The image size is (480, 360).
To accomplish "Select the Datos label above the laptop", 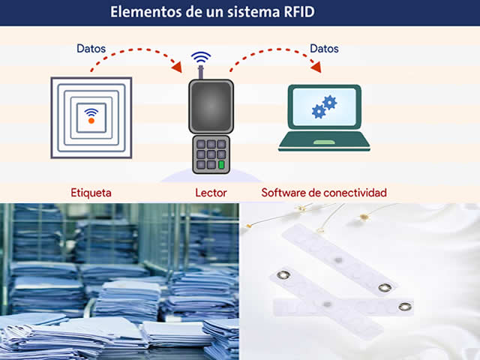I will tap(324, 49).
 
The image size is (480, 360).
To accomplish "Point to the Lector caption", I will tap(211, 193).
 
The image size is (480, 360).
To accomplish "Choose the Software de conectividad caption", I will tap(324, 193).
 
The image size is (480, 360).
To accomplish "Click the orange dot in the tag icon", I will tap(91, 120).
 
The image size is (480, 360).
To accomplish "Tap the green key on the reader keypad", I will tap(221, 164).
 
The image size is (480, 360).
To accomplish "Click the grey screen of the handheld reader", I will tap(211, 106).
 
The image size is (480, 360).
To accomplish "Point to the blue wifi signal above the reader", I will tap(201, 58).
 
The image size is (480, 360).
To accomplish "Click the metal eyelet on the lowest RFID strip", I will tap(405, 305).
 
